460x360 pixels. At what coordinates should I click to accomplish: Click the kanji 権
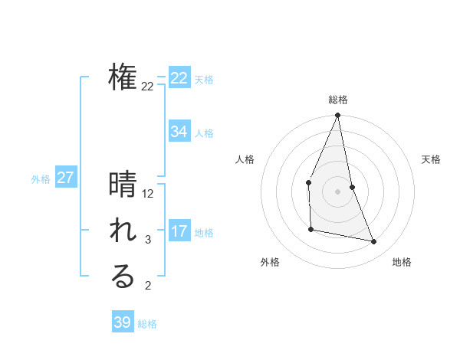click(x=123, y=77)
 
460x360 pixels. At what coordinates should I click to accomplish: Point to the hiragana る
click(x=123, y=277)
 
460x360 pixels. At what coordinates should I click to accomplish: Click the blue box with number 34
click(x=179, y=132)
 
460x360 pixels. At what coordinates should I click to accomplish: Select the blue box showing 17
click(x=179, y=231)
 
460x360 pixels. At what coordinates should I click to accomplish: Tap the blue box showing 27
click(x=65, y=178)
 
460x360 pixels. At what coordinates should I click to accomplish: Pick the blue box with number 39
click(x=122, y=322)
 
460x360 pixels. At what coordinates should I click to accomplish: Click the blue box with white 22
click(x=179, y=78)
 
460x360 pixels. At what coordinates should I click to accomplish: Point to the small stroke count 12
click(x=148, y=194)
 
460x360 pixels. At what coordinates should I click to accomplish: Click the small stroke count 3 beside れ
click(x=148, y=240)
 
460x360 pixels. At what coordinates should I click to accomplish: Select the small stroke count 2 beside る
click(x=148, y=286)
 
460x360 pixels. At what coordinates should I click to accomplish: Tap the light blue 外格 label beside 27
click(x=41, y=179)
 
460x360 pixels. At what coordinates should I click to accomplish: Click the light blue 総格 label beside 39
click(x=147, y=324)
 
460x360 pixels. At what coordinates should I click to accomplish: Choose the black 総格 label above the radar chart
click(x=337, y=100)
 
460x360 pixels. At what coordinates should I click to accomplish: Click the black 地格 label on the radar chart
click(x=402, y=262)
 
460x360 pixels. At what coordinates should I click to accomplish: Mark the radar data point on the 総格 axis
click(x=337, y=116)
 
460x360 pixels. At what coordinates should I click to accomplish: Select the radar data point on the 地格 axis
click(x=374, y=242)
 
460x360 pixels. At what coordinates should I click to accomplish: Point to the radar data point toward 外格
click(x=310, y=229)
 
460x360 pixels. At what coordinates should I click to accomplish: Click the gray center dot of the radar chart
click(x=337, y=191)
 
